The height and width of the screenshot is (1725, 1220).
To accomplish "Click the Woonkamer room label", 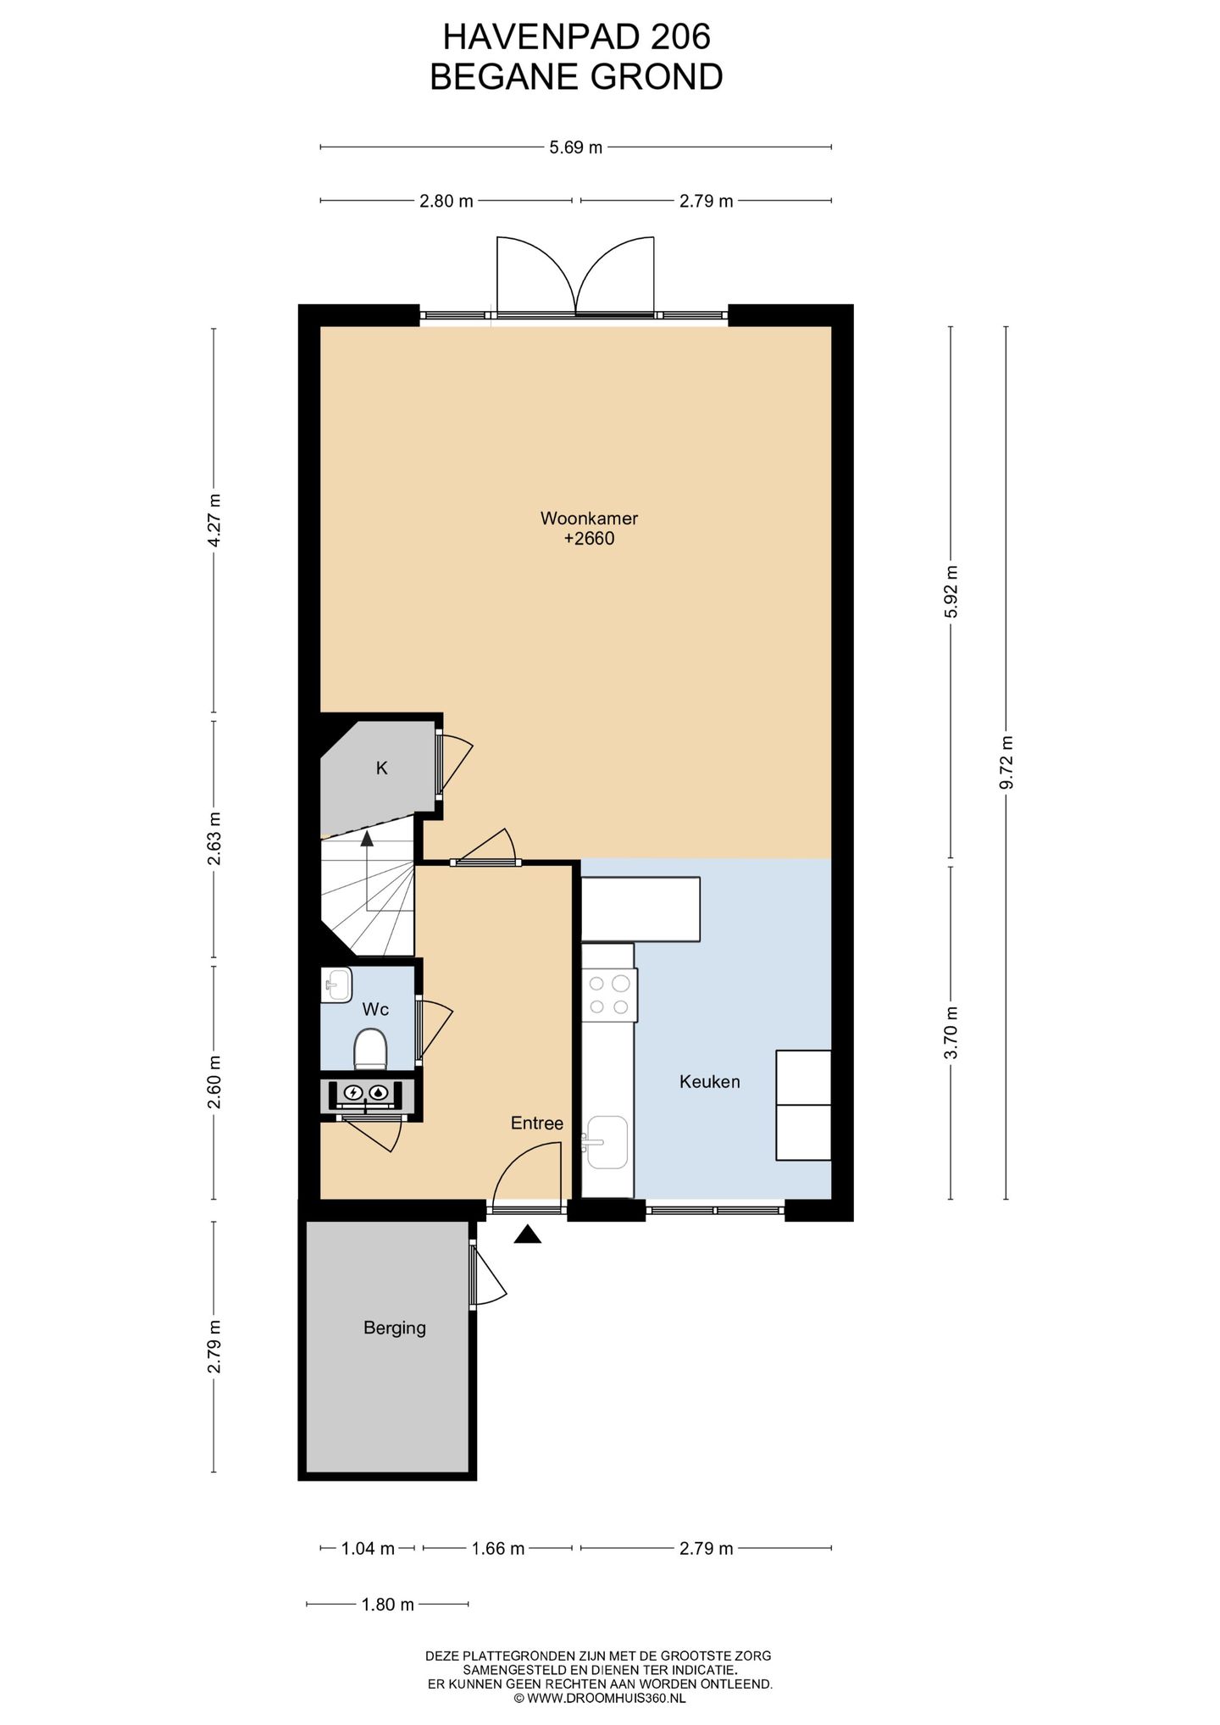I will click(577, 518).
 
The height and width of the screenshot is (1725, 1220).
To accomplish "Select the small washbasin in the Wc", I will click(336, 985).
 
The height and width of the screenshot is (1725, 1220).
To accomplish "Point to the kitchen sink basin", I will click(607, 1142).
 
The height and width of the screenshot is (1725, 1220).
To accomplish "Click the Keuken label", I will click(709, 1082).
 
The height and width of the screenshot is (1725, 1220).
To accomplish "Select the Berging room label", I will click(394, 1328).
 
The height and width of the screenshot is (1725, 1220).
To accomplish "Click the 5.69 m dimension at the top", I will click(575, 147).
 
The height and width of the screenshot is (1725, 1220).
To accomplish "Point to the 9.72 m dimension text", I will click(1006, 763).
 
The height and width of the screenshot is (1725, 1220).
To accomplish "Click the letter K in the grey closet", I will click(381, 768).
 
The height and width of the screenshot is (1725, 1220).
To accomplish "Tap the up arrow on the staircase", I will click(367, 839).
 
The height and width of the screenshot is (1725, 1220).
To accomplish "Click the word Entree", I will click(536, 1123).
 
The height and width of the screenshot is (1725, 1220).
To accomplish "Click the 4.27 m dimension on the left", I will click(213, 519).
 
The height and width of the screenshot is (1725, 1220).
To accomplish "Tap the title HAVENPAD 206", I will click(576, 36).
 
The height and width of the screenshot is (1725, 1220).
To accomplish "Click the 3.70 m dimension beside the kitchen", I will click(951, 1032).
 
